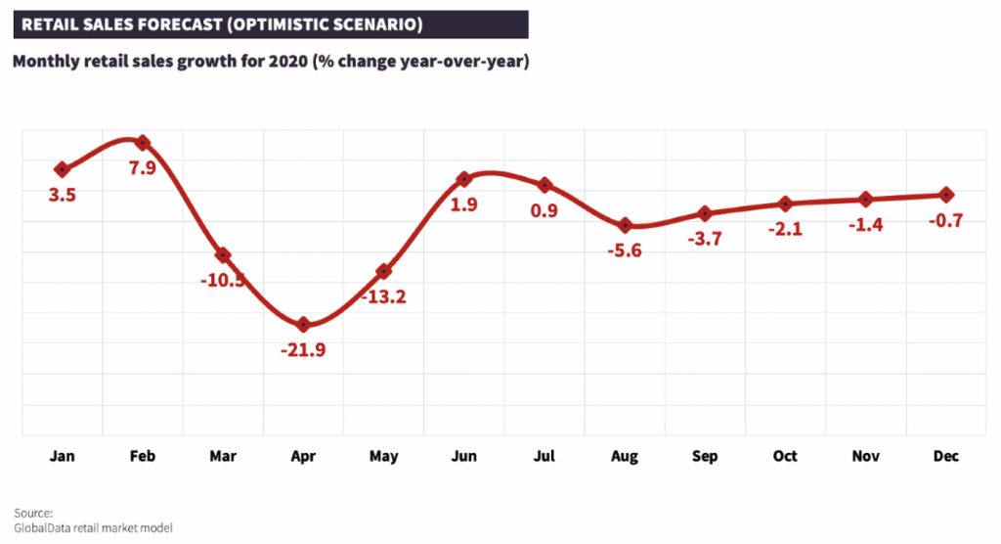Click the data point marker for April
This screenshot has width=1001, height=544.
[x=303, y=324]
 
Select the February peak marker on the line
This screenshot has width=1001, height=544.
[x=143, y=143]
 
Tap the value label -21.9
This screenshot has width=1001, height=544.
[x=303, y=350]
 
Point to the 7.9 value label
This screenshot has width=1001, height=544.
[x=143, y=168]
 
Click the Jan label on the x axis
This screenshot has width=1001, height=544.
[x=63, y=456]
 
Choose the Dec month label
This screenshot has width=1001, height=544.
[x=945, y=456]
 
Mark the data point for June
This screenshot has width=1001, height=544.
[x=464, y=179]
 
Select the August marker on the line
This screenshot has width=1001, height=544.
[x=626, y=226]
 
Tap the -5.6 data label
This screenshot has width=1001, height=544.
[x=625, y=251]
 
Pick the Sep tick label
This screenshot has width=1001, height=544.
[x=705, y=456]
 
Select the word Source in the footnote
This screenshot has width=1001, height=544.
[x=33, y=513]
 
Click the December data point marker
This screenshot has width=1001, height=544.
[x=946, y=195]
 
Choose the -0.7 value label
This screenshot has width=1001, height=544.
[x=945, y=221]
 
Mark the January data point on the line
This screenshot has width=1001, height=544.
[x=63, y=169]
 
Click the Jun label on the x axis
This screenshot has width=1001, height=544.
[x=464, y=456]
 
